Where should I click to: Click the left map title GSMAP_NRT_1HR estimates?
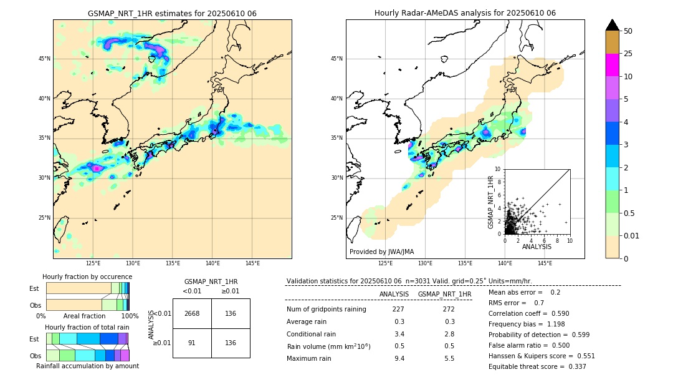[172, 13]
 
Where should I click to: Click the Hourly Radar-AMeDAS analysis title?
[465, 13]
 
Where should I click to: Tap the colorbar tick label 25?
[628, 54]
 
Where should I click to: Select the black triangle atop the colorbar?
[613, 25]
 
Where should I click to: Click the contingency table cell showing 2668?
[192, 313]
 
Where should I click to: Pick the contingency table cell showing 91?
[192, 343]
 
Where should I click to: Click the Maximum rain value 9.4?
[399, 358]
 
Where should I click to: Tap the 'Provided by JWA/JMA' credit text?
[381, 252]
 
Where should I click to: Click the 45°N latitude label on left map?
[44, 59]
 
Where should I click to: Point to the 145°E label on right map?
[545, 263]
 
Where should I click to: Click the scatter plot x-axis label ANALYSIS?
[537, 247]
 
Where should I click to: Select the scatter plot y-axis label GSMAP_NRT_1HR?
[491, 202]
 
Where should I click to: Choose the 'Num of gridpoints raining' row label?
[326, 309]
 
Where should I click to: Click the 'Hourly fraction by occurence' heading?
[87, 277]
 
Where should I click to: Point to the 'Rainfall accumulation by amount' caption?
[87, 366]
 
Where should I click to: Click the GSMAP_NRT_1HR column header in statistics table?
[444, 294]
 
